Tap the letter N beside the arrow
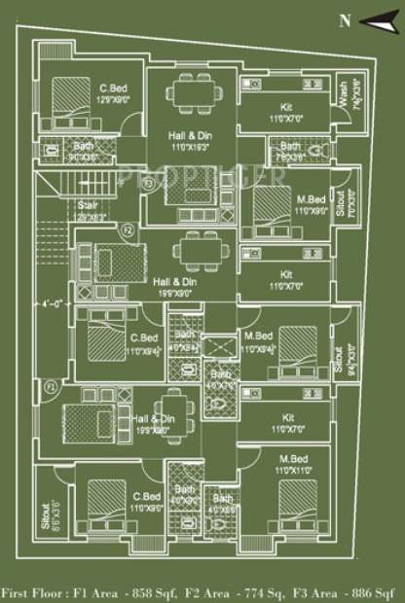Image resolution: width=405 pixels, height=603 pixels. (343, 19)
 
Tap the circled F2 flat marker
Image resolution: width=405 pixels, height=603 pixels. (127, 231)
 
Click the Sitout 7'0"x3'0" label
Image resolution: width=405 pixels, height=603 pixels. (339, 203)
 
